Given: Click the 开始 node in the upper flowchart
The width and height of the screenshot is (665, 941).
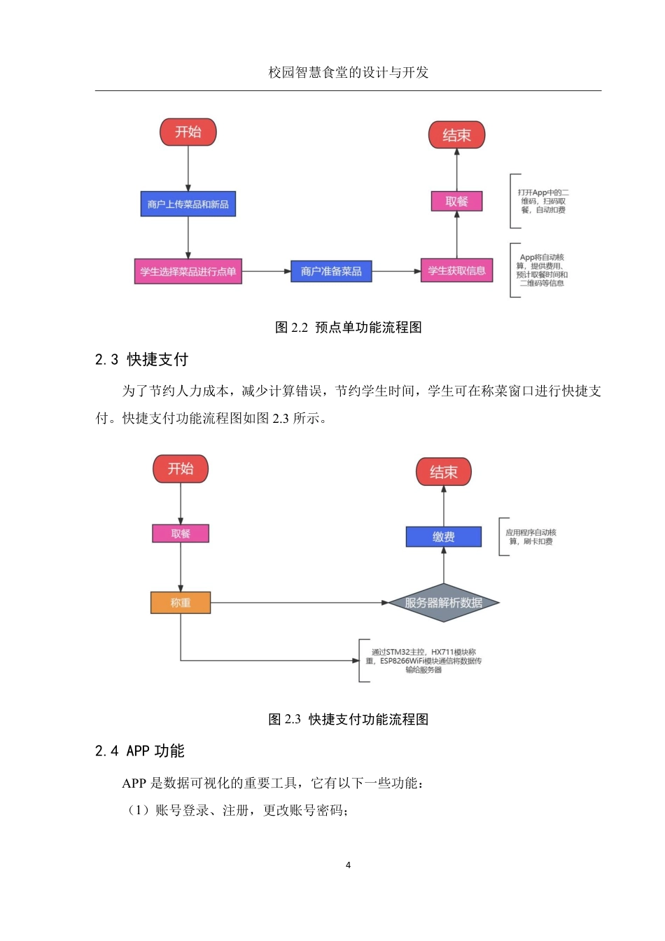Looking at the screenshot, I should click(188, 132).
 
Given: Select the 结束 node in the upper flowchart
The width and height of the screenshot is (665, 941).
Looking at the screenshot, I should click(456, 135).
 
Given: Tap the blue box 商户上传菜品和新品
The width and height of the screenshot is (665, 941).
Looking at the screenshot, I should click(188, 204).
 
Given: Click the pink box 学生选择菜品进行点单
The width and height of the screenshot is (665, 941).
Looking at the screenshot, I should click(188, 271).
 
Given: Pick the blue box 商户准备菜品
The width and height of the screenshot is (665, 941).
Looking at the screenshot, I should click(331, 271).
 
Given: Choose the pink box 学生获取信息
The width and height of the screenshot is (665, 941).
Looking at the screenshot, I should click(456, 270).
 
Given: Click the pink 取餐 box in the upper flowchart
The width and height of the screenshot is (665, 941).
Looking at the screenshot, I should click(456, 201).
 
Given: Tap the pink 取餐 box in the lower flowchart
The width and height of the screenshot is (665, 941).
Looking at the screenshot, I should click(181, 534).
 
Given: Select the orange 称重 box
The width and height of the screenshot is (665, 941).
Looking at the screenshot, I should click(181, 602).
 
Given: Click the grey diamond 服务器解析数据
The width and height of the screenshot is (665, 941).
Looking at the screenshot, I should click(443, 602).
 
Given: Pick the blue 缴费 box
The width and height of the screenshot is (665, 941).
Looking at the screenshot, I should click(443, 536).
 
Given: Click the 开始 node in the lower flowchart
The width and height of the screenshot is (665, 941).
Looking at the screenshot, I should click(181, 468).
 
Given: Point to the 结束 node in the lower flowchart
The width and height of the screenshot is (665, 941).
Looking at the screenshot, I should click(443, 472).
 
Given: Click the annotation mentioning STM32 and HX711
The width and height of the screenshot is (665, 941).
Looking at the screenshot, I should click(423, 660).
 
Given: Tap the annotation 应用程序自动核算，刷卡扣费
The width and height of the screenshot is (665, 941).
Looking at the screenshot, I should click(531, 537).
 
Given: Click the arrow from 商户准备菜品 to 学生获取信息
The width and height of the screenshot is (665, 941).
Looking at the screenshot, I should click(395, 271).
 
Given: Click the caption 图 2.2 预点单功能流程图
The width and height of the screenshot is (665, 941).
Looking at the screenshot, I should click(348, 327).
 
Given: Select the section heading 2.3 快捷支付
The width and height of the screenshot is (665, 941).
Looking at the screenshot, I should click(141, 359).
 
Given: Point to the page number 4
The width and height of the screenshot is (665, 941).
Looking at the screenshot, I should click(348, 865).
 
